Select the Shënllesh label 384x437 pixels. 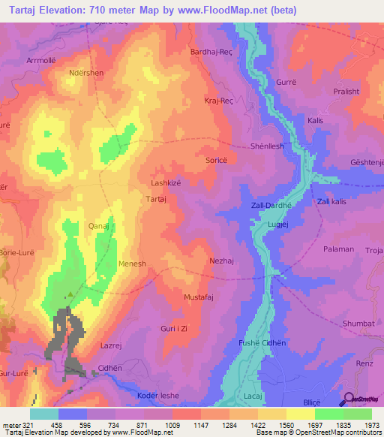pyautogui.click(x=268, y=146)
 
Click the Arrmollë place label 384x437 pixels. pyautogui.click(x=43, y=59)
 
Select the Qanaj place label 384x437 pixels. pyautogui.click(x=100, y=225)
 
